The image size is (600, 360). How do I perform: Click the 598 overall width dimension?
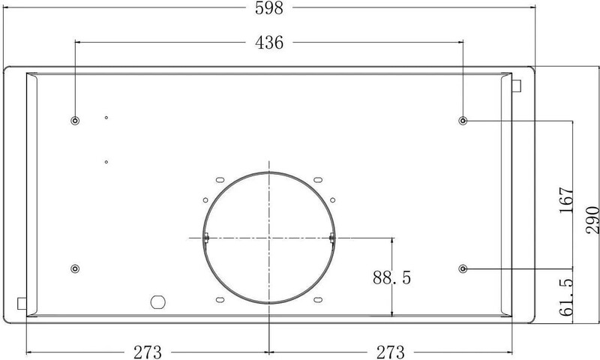[269, 8]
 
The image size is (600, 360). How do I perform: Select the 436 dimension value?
[269, 43]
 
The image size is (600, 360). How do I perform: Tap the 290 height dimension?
[592, 220]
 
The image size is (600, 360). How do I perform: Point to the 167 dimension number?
[567, 200]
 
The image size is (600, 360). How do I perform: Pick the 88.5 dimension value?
[391, 277]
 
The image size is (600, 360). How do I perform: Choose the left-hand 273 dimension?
[147, 352]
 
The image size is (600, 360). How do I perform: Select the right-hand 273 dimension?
[390, 352]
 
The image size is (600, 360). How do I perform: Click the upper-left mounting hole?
[76, 121]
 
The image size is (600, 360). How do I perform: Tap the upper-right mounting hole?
[463, 121]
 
